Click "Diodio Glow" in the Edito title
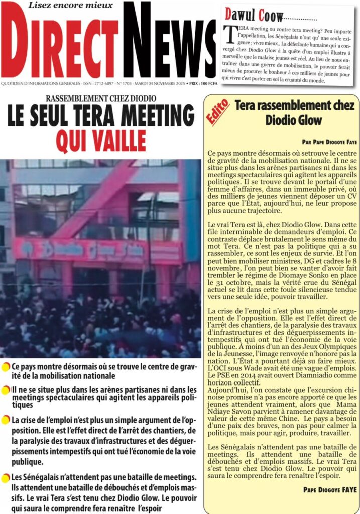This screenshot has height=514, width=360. (294, 120)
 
